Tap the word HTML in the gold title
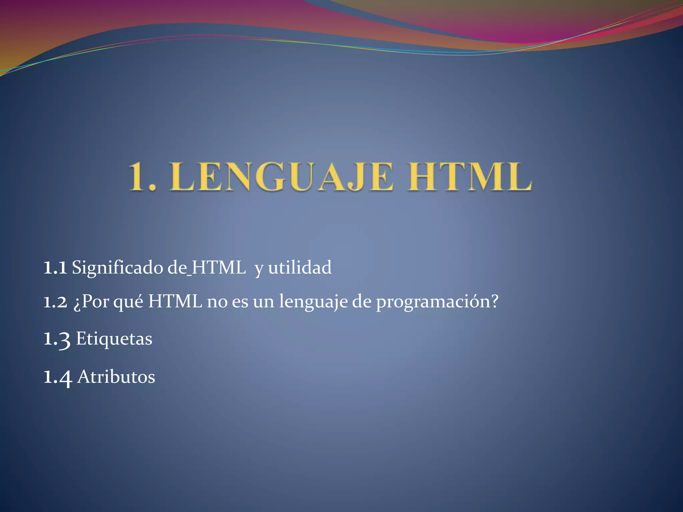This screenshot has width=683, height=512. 469,177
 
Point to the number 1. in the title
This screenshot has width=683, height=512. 142,177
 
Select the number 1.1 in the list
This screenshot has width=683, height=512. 55,268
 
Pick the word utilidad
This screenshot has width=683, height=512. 300,268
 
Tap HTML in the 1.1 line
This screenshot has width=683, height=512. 218,268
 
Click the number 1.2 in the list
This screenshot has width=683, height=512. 55,302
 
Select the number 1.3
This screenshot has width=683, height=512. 57,339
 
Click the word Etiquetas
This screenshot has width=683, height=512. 114,339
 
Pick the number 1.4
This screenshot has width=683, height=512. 58,377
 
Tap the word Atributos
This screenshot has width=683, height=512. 116,377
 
